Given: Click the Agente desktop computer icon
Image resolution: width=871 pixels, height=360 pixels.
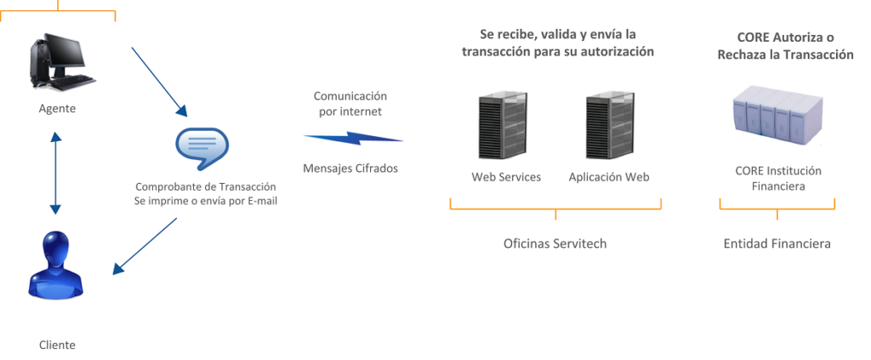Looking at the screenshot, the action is pyautogui.click(x=63, y=61).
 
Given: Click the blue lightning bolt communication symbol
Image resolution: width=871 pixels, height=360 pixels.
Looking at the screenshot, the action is pyautogui.click(x=354, y=139).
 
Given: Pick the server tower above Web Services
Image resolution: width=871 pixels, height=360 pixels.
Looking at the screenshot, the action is pyautogui.click(x=502, y=126).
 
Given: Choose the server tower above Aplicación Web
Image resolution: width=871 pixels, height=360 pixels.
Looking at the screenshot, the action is pyautogui.click(x=610, y=126).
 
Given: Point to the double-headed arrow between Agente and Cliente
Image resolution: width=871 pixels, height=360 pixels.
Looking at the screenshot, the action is pyautogui.click(x=55, y=174).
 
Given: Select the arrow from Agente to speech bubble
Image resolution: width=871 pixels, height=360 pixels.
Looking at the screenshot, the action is pyautogui.click(x=159, y=82).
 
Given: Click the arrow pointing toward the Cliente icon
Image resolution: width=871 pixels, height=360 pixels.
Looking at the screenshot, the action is pyautogui.click(x=145, y=246).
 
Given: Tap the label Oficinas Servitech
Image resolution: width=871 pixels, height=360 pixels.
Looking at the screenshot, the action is pyautogui.click(x=555, y=243).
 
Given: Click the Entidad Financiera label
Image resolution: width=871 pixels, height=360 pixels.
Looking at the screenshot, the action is pyautogui.click(x=777, y=243).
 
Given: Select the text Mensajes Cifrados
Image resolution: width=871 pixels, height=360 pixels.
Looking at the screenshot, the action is pyautogui.click(x=350, y=169).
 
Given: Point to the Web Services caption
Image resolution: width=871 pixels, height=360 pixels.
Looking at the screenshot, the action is pyautogui.click(x=506, y=177).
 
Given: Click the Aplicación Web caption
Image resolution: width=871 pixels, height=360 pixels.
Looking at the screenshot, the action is pyautogui.click(x=609, y=177).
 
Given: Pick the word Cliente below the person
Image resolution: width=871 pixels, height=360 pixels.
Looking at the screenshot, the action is pyautogui.click(x=57, y=345).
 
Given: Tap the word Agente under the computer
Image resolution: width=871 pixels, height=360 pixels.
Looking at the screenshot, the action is pyautogui.click(x=57, y=109).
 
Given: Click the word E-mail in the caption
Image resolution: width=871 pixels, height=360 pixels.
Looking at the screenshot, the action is pyautogui.click(x=262, y=201).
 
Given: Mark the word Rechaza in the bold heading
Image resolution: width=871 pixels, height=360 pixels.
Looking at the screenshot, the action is pyautogui.click(x=741, y=54).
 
